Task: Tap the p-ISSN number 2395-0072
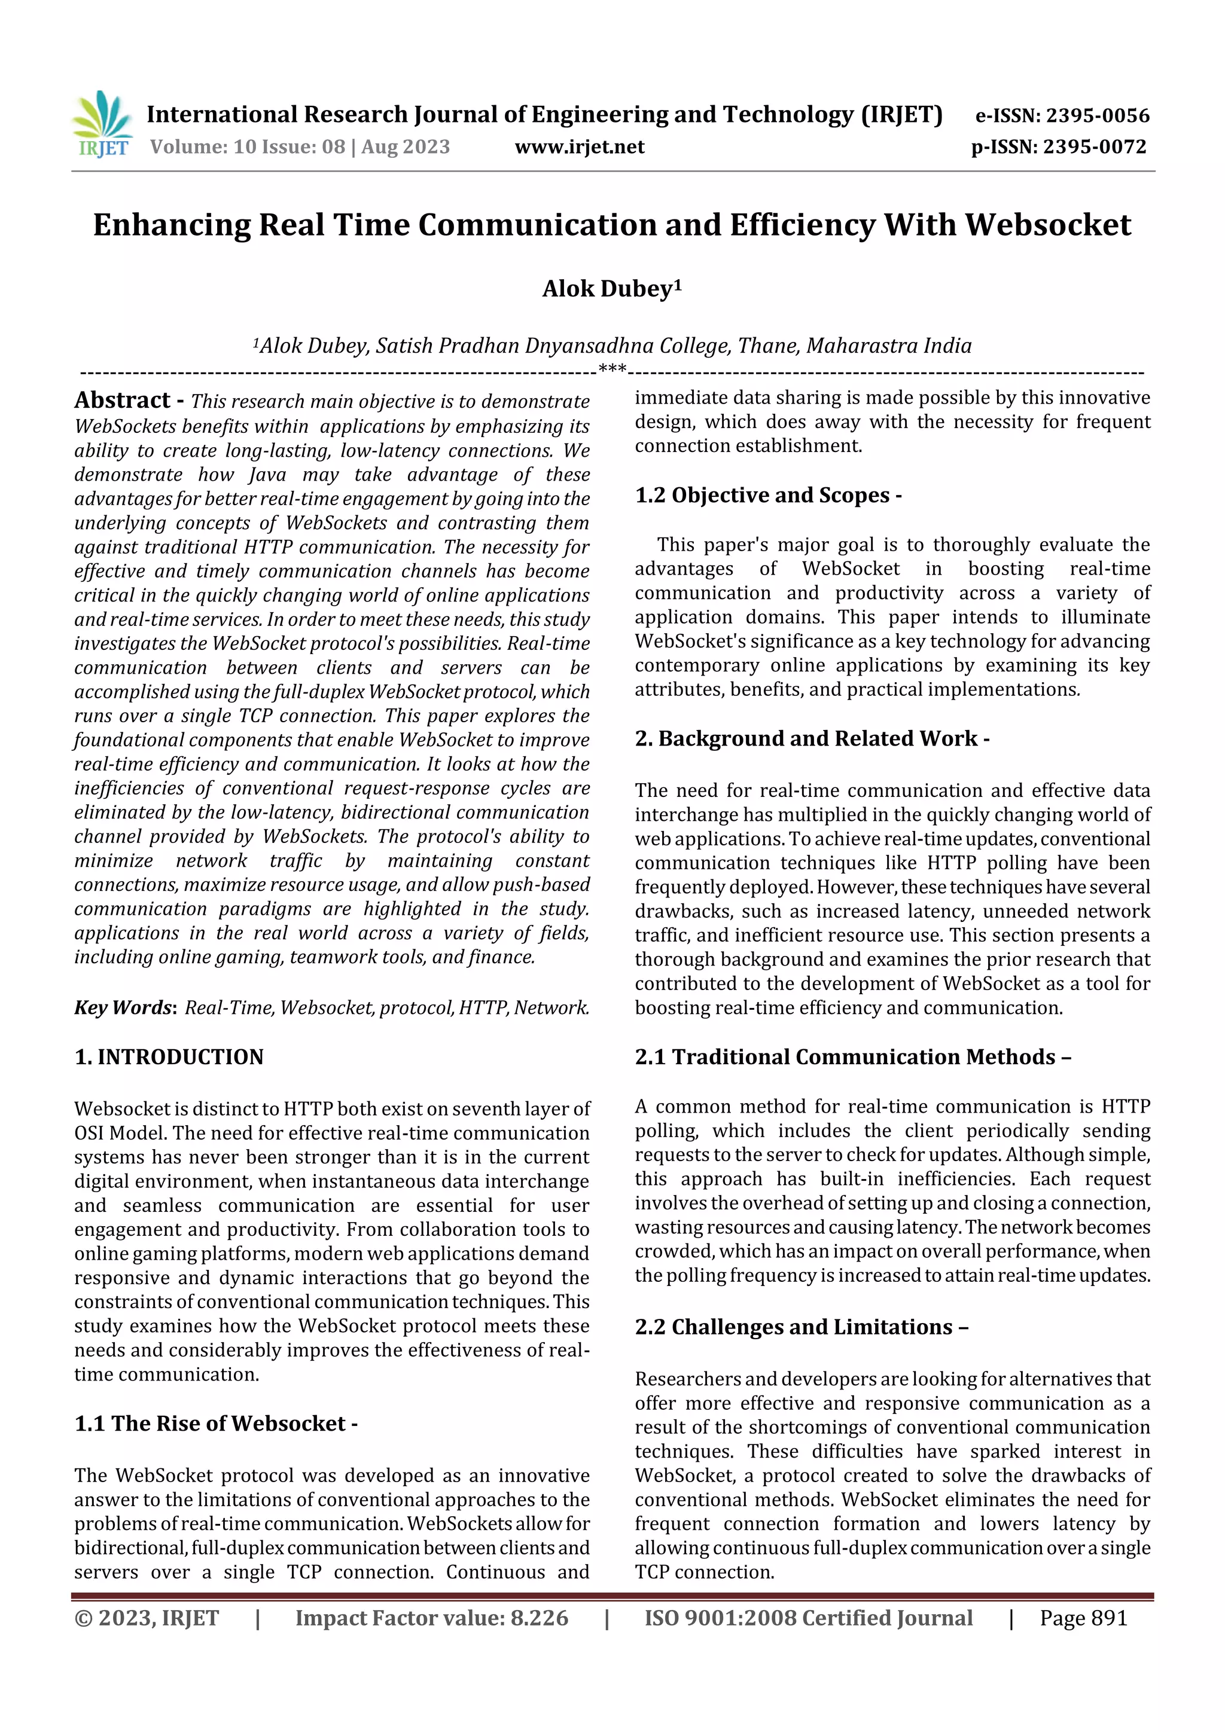[1095, 147]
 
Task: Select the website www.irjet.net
[579, 147]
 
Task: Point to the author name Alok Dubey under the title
[607, 289]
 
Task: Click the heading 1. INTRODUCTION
[169, 1057]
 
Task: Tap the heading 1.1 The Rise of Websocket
[215, 1424]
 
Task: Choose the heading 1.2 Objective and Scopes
[767, 496]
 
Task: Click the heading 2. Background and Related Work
[812, 738]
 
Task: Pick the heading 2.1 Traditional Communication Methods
[852, 1057]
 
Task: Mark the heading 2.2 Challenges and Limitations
[801, 1327]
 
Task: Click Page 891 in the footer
[1083, 1618]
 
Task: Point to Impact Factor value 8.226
[431, 1618]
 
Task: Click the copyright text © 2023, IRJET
[147, 1618]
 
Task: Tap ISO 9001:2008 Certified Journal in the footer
[807, 1618]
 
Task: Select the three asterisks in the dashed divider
[611, 369]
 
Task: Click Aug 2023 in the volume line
[406, 147]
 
